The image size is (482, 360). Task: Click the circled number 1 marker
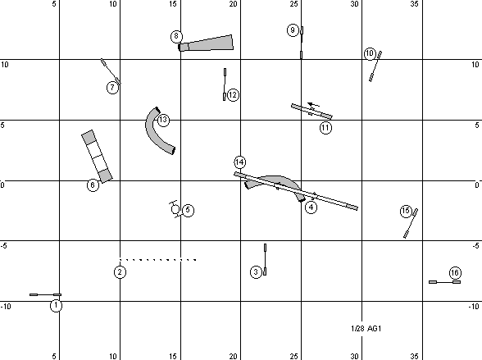(x=56, y=306)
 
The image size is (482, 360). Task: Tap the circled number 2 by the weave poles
(x=120, y=271)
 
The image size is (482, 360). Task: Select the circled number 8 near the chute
(x=176, y=36)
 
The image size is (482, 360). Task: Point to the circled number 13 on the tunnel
(x=163, y=120)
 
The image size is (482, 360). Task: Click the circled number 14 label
(x=239, y=162)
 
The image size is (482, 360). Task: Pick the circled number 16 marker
(x=455, y=273)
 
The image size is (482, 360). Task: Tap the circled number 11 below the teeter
(x=325, y=127)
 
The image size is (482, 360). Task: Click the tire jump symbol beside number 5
(x=175, y=209)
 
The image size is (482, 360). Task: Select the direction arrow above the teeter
(x=313, y=104)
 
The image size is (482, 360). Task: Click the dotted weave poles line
(x=158, y=260)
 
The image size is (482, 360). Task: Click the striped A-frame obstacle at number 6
(x=97, y=156)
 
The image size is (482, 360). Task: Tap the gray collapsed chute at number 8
(x=206, y=43)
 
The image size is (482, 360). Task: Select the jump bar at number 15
(x=411, y=223)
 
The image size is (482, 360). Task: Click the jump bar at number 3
(x=265, y=259)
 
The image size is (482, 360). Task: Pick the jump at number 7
(x=111, y=71)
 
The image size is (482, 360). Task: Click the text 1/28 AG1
(x=366, y=329)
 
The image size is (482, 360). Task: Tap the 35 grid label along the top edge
(x=414, y=4)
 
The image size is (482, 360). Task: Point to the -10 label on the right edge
(x=474, y=307)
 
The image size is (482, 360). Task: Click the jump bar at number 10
(x=375, y=66)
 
